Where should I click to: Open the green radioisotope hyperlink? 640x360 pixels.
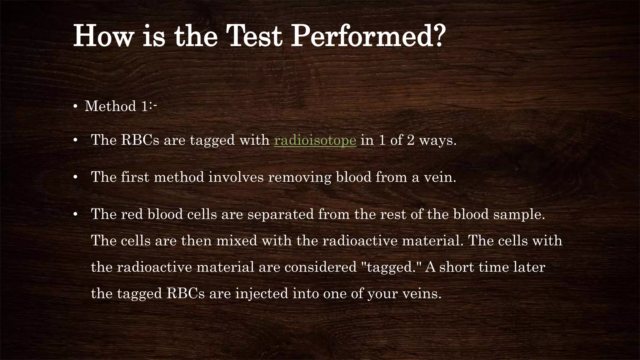pyautogui.click(x=315, y=140)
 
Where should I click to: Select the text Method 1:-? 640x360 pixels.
pyautogui.click(x=121, y=106)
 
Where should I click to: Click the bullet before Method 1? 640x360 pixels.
pyautogui.click(x=75, y=107)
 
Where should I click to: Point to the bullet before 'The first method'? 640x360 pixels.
pyautogui.click(x=75, y=177)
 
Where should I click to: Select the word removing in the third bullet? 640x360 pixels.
pyautogui.click(x=300, y=177)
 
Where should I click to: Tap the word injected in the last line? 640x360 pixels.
pyautogui.click(x=261, y=294)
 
